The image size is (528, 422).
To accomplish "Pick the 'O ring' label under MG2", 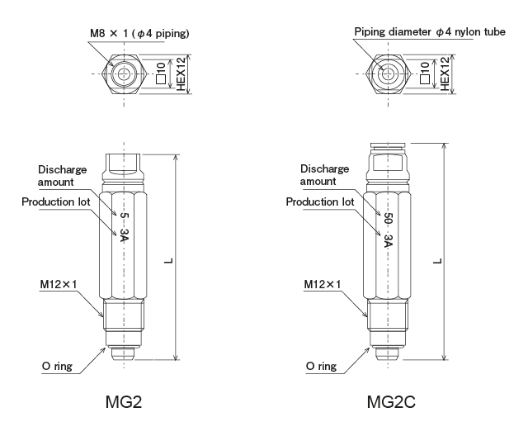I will [x=59, y=364].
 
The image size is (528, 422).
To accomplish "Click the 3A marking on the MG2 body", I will [x=124, y=237].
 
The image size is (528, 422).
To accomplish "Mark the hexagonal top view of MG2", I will [x=124, y=73].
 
